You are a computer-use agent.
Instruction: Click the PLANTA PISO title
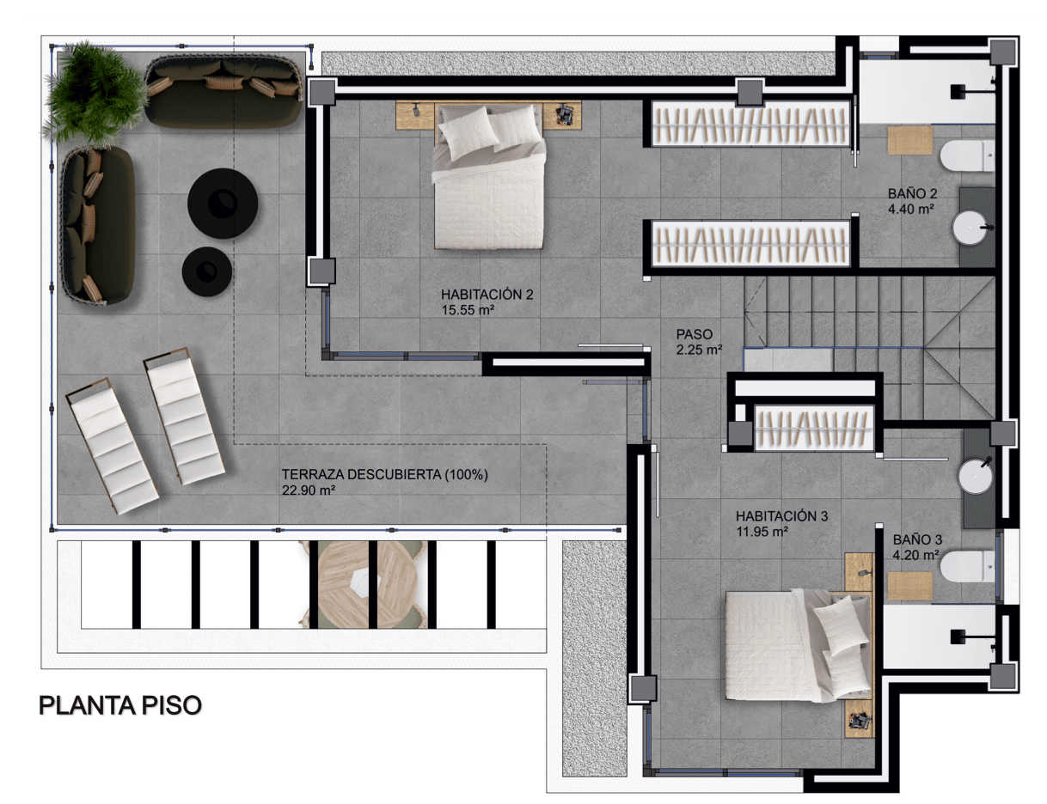120,706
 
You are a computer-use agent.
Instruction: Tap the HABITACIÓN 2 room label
487,295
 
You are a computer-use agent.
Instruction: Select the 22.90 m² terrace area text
309,490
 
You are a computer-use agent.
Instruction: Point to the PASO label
695,334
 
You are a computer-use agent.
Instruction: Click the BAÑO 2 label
913,193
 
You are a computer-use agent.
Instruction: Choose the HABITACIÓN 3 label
781,516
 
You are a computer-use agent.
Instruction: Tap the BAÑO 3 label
917,539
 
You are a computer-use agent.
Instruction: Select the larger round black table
223,204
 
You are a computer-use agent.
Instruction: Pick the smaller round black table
207,271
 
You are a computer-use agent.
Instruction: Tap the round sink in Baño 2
970,228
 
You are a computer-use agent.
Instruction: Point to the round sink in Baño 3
976,476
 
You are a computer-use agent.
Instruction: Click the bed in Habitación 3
799,646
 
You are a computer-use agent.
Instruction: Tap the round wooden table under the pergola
364,584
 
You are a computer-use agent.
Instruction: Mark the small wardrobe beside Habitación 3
814,428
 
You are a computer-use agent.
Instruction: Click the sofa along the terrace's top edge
224,91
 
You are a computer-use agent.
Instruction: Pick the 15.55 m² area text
468,310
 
